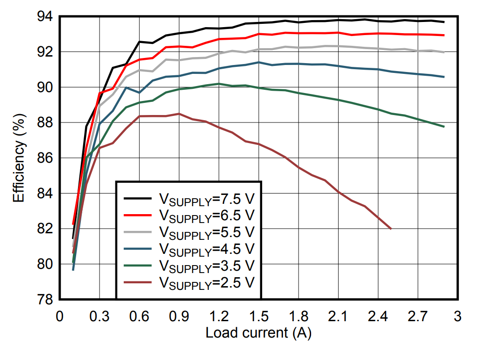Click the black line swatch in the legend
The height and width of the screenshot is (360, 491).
[x=138, y=199]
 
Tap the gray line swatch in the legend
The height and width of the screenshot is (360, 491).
[x=138, y=231]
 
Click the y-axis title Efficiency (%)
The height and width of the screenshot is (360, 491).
[x=18, y=158]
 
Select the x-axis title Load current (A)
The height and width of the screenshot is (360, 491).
[x=258, y=333]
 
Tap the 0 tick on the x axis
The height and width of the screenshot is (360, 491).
[x=59, y=317]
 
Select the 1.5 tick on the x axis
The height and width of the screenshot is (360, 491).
[x=258, y=317]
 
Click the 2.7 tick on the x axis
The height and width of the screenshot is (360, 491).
[x=417, y=317]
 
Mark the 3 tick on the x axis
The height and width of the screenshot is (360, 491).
[x=457, y=317]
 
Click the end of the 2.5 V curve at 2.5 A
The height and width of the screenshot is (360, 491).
[x=391, y=229]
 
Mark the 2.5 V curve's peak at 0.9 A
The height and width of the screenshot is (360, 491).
[x=178, y=114]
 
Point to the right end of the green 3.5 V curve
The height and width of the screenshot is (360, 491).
[x=443, y=127]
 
